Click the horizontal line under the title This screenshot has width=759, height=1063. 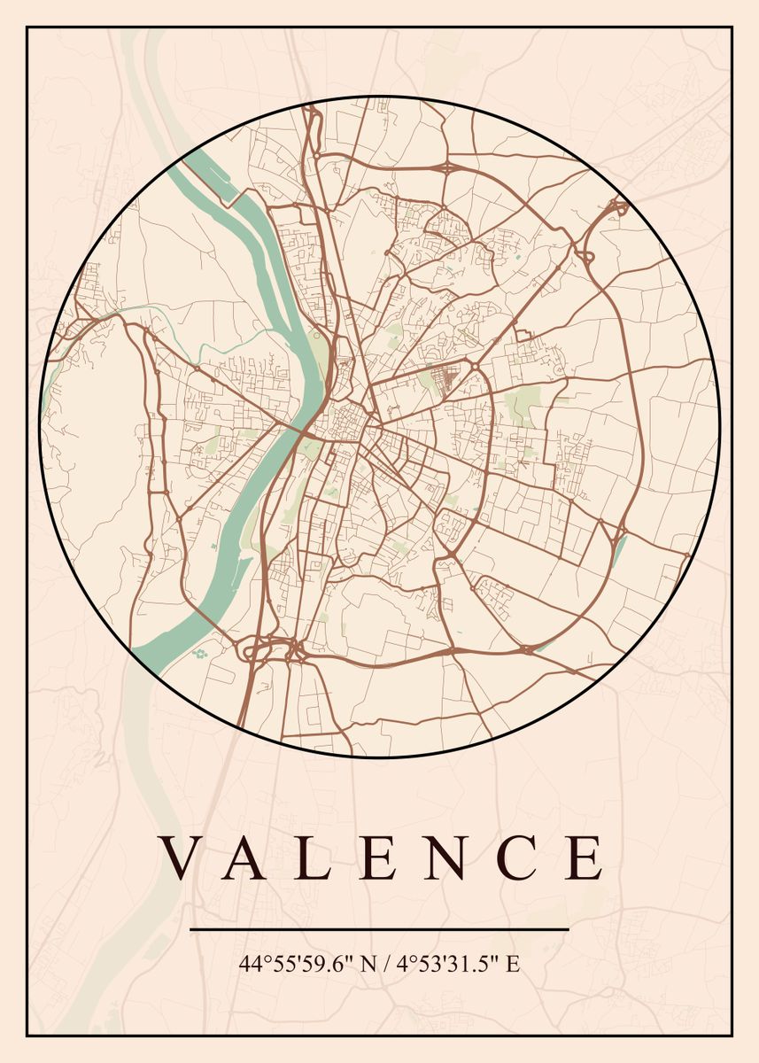(379, 929)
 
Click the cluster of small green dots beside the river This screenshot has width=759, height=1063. (198, 655)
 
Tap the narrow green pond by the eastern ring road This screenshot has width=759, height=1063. (619, 550)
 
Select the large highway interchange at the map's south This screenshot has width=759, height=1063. (275, 651)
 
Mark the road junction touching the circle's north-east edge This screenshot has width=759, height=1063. (616, 209)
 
